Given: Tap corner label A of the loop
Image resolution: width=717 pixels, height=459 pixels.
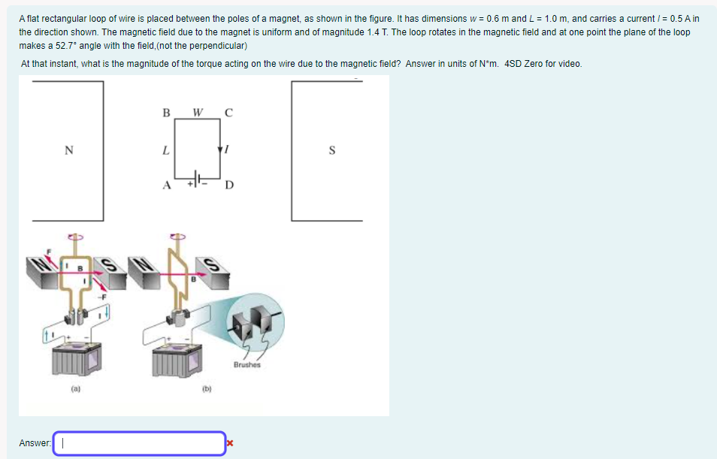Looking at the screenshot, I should pos(167,185).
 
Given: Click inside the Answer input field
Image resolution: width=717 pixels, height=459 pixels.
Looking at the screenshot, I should pos(139,443).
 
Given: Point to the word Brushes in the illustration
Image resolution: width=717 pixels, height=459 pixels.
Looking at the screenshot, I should pos(247,365).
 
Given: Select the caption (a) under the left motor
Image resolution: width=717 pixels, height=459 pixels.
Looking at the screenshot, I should pos(75,389).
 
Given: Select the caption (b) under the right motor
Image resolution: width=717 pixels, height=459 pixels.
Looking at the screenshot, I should pos(204,389).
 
